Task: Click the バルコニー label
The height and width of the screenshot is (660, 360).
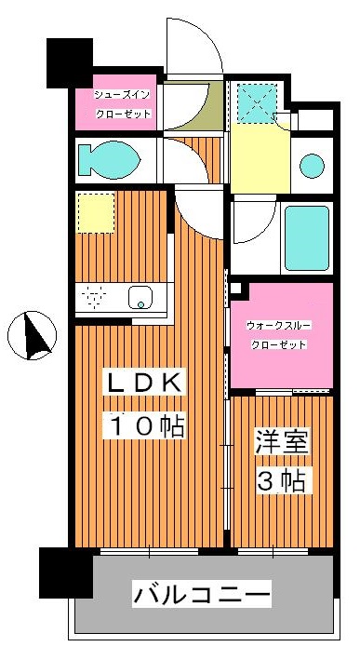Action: tap(202, 593)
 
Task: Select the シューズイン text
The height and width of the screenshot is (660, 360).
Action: tap(123, 95)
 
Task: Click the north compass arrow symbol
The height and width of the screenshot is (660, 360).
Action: tap(34, 336)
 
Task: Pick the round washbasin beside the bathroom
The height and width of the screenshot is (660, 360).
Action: tap(312, 166)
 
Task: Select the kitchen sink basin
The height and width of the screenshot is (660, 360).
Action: tap(141, 298)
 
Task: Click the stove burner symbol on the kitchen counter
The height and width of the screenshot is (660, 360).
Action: tap(93, 298)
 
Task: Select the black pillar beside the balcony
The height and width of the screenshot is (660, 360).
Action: tap(66, 572)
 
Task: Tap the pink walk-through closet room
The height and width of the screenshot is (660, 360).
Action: tap(281, 349)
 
